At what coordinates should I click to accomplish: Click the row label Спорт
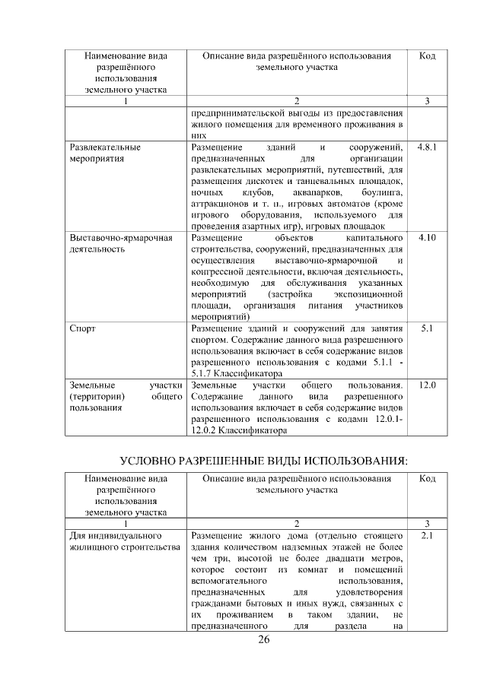pos(82,329)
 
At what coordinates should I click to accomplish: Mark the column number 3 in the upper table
pos(427,102)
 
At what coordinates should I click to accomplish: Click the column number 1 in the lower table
pos(126,523)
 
